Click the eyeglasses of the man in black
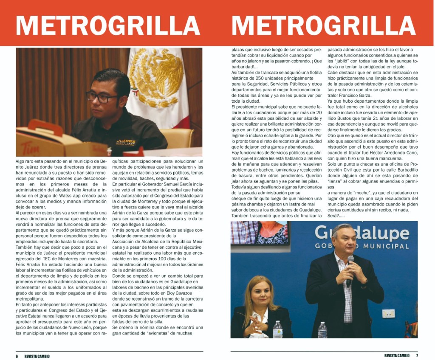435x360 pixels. [103, 98]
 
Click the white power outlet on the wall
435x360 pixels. [388, 313]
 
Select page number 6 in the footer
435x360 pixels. [17, 356]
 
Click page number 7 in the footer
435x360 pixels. [417, 355]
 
